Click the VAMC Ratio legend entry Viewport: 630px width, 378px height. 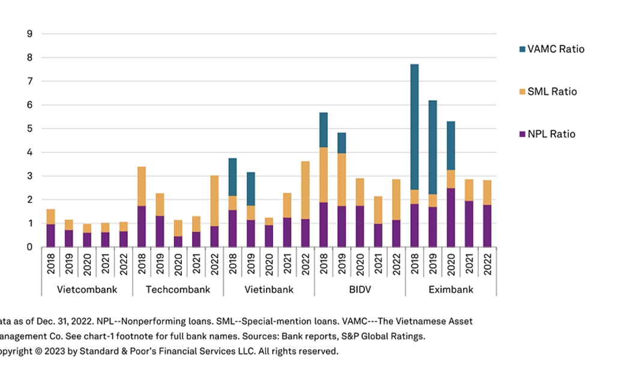[555, 49]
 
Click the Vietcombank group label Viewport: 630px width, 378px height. [87, 289]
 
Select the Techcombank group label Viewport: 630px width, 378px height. [178, 289]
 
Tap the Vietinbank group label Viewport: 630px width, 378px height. [269, 289]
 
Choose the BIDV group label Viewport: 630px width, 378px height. [359, 289]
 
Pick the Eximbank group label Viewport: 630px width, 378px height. [451, 289]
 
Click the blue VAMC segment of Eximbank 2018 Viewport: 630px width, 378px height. [415, 127]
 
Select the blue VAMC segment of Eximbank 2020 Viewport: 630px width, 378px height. [451, 145]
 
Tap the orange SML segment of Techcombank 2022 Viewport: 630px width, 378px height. [214, 200]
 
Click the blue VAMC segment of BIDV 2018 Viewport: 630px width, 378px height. [323, 130]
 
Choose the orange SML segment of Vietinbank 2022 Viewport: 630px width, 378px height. [305, 190]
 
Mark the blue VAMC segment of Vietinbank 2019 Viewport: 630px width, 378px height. [251, 189]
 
